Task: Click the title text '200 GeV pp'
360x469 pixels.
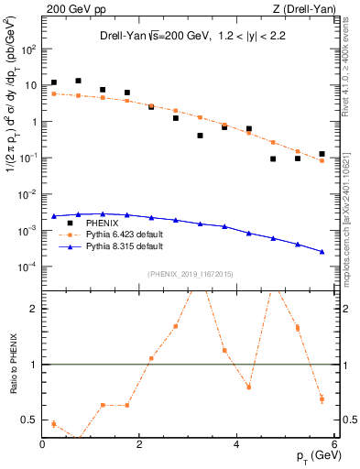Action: (69, 9)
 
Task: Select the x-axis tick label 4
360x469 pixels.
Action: (237, 445)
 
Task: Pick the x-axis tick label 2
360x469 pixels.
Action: (140, 445)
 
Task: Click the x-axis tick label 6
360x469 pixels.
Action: (334, 445)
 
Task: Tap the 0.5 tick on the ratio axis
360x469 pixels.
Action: (32, 420)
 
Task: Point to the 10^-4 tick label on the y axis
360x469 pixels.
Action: (29, 267)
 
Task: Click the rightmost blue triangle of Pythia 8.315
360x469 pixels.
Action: (322, 252)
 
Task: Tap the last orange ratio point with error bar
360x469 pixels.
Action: (322, 398)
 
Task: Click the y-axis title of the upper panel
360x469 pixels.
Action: (13, 137)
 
